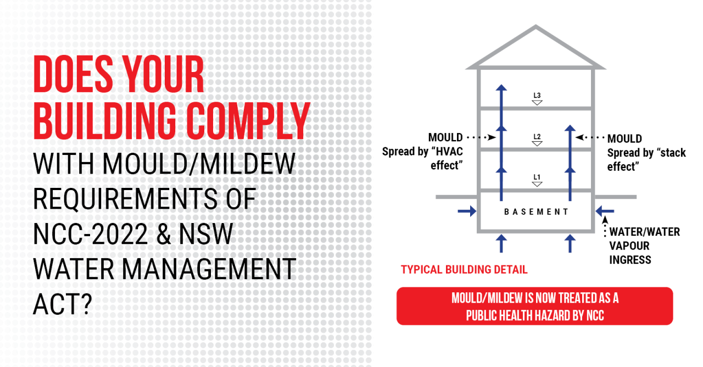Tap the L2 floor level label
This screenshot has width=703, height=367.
click(x=537, y=137)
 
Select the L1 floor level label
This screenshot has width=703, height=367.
click(x=537, y=177)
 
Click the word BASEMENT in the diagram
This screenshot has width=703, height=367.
click(x=536, y=212)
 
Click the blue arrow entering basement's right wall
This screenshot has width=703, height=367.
click(x=605, y=211)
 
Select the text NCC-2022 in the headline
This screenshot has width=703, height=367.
click(x=91, y=235)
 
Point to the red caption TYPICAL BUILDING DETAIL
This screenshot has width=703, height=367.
click(x=464, y=270)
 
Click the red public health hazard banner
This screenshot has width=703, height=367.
click(x=534, y=306)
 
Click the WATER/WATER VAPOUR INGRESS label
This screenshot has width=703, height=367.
click(x=644, y=246)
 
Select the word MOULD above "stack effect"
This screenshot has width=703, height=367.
click(x=624, y=139)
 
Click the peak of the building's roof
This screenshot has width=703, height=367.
click(x=535, y=27)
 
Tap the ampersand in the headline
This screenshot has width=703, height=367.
click(x=168, y=235)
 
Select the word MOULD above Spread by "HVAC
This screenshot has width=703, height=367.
click(x=445, y=137)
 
